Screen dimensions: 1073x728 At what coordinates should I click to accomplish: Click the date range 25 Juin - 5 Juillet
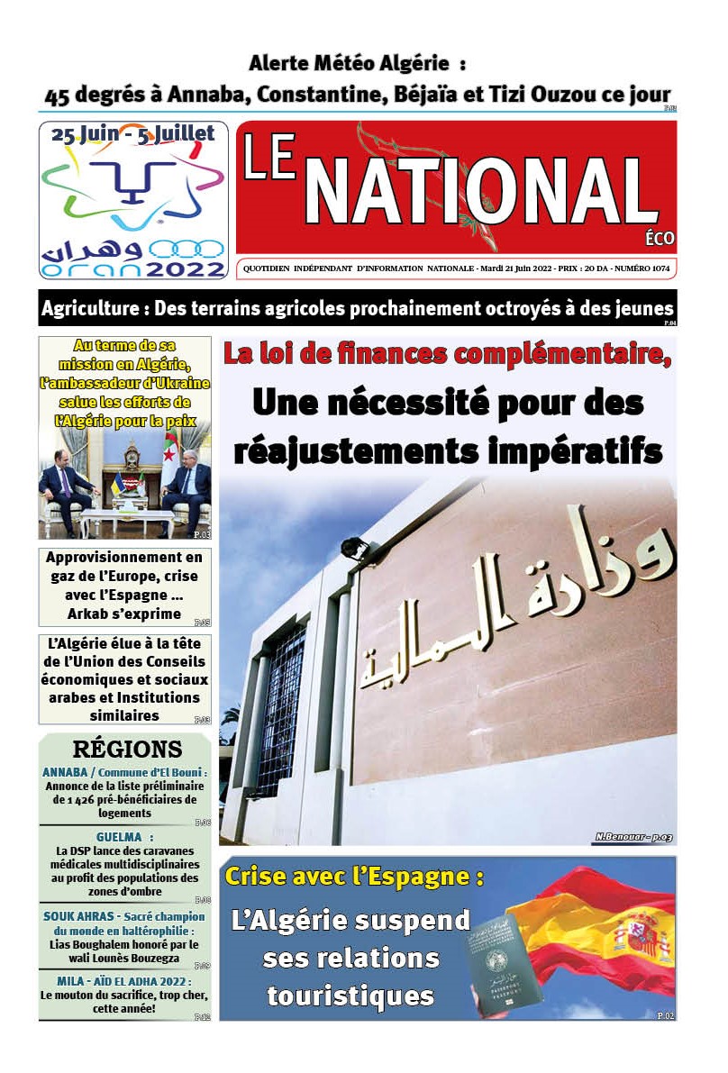(x=132, y=134)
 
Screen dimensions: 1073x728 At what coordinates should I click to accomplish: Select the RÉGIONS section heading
(x=127, y=749)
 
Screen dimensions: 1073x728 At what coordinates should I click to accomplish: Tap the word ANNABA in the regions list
(x=65, y=772)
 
